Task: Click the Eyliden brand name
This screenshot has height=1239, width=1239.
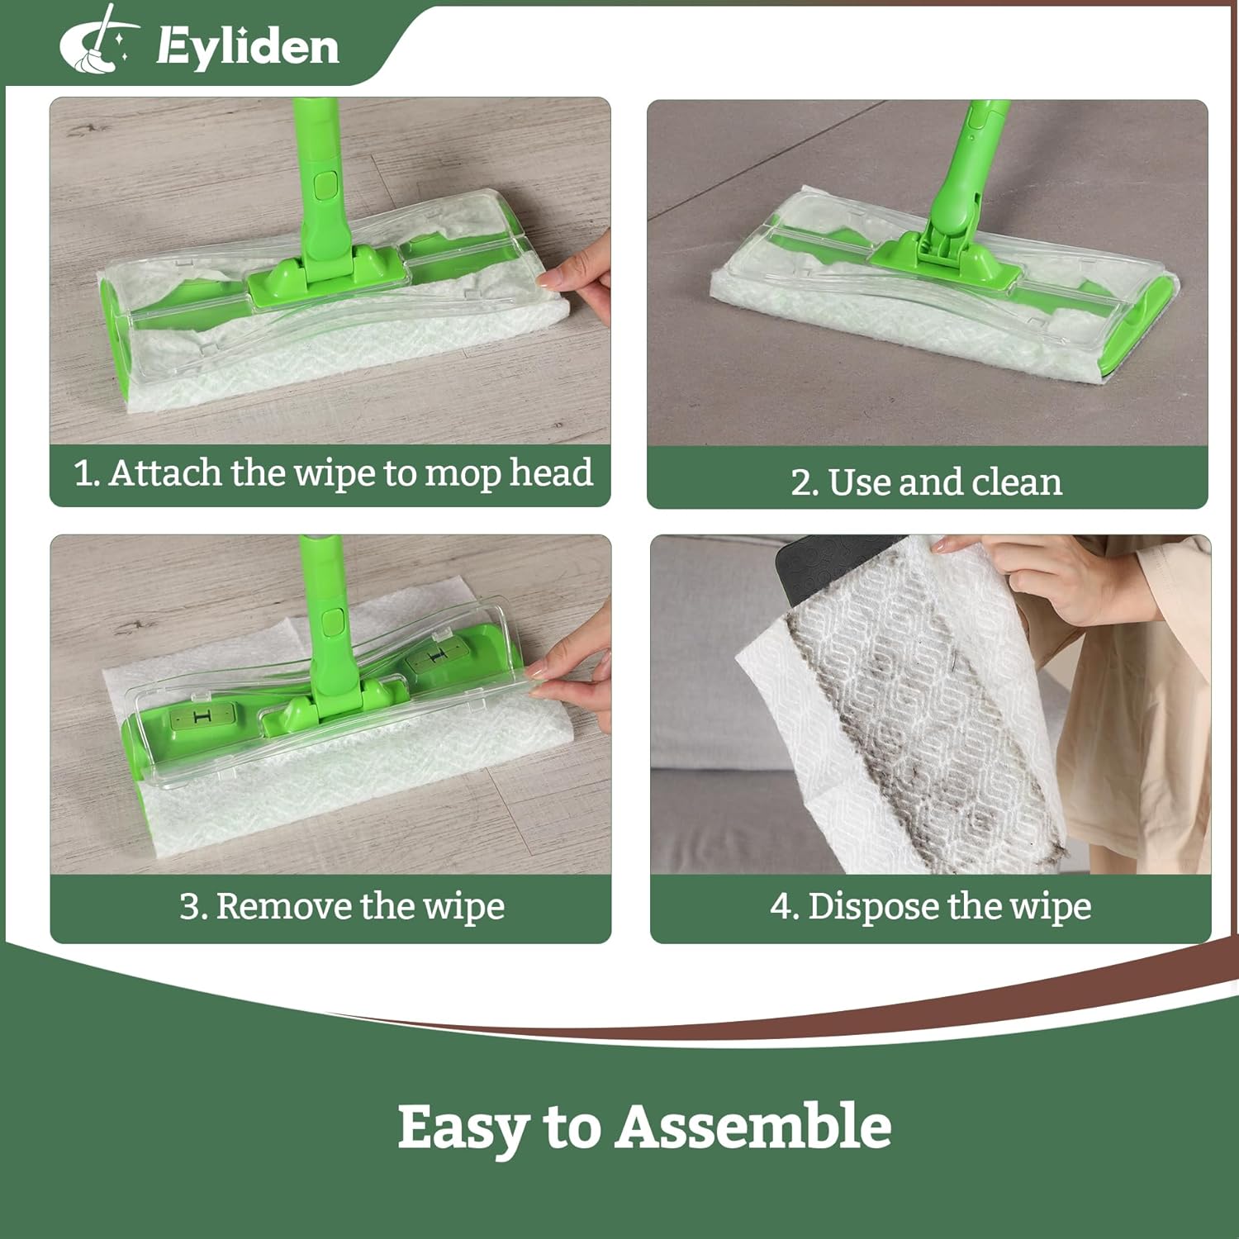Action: pos(248,45)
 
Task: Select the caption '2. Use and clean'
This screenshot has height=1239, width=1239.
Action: pos(926,482)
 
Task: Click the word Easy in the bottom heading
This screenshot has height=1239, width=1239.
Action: pos(463,1128)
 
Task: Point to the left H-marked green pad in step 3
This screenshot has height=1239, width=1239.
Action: pos(202,717)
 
